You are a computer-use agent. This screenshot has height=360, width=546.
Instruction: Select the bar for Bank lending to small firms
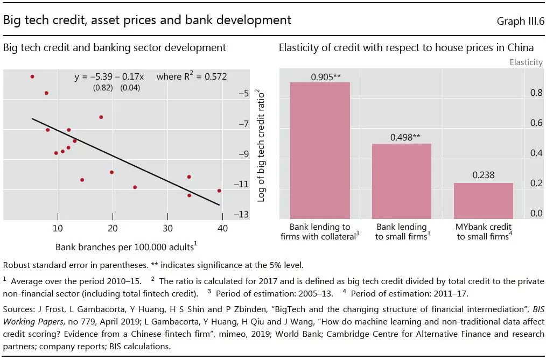coord(401,180)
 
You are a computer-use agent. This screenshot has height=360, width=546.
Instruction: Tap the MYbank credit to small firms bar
coord(483,200)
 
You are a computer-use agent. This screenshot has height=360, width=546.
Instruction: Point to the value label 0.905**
coord(326,76)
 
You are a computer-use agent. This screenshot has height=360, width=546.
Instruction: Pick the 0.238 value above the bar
coord(483,175)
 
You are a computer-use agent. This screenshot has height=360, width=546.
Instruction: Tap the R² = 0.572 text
coord(191,77)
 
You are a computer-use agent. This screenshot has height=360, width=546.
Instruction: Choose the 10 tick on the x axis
coord(58,228)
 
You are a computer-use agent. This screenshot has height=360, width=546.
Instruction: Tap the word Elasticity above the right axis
coord(526,62)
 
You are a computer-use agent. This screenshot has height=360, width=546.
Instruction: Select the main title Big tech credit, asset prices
coord(147,20)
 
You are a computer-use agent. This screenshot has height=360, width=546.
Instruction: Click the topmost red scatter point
coord(32,76)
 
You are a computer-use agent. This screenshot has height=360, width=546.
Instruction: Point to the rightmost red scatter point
coord(219,190)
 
